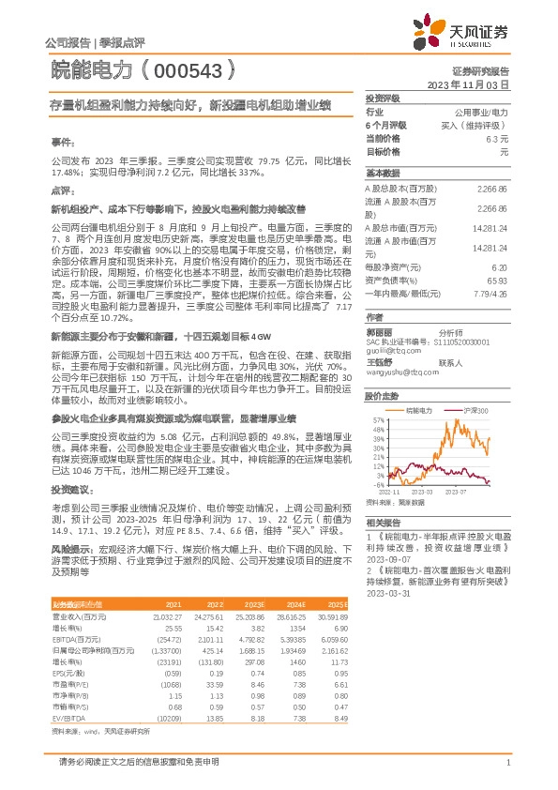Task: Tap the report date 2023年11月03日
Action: pyautogui.click(x=468, y=84)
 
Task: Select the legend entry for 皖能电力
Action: pyautogui.click(x=418, y=412)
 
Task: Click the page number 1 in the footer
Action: pyautogui.click(x=506, y=761)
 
